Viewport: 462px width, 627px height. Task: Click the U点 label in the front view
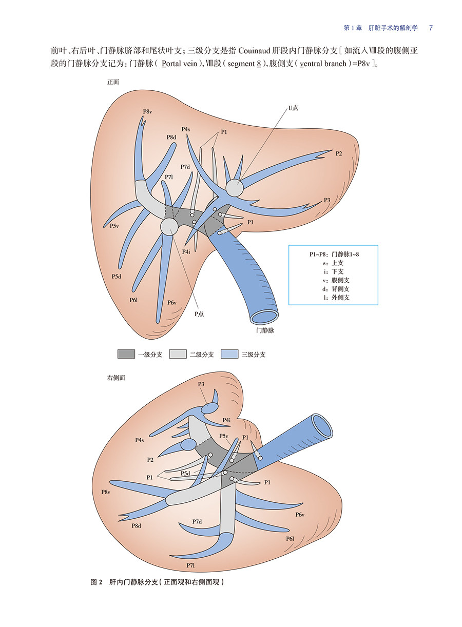pyautogui.click(x=293, y=108)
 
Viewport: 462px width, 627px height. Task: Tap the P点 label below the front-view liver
pyautogui.click(x=199, y=314)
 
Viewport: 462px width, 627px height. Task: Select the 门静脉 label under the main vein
pyautogui.click(x=265, y=331)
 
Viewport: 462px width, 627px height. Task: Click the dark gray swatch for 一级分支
pyautogui.click(x=126, y=354)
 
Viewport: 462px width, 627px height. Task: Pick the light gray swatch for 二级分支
pyautogui.click(x=177, y=354)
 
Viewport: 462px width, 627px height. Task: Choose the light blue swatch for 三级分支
pyautogui.click(x=229, y=354)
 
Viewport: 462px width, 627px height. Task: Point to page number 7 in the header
pyautogui.click(x=431, y=28)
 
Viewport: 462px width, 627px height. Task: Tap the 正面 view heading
pyautogui.click(x=113, y=82)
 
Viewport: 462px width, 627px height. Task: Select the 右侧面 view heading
pyautogui.click(x=115, y=378)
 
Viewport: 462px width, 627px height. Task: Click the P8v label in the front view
pyautogui.click(x=147, y=112)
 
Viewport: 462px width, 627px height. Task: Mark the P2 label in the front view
pyautogui.click(x=339, y=153)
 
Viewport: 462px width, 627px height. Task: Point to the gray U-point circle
pyautogui.click(x=235, y=188)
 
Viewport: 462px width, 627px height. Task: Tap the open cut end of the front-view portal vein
pyautogui.click(x=264, y=316)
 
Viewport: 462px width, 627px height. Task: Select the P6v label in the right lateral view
pyautogui.click(x=300, y=515)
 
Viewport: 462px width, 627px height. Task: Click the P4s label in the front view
pyautogui.click(x=186, y=129)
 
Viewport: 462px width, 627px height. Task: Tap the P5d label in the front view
pyautogui.click(x=117, y=277)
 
